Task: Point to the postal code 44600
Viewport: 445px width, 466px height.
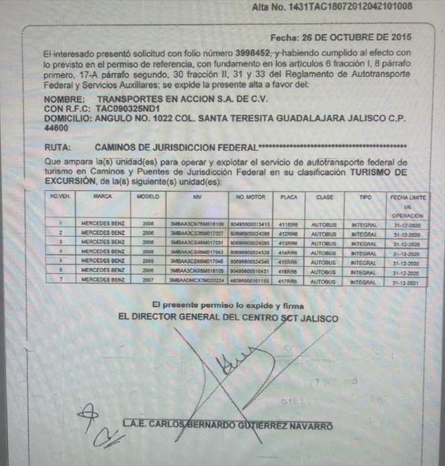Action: tap(57, 127)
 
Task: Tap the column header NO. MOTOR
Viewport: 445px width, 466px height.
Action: tap(251, 197)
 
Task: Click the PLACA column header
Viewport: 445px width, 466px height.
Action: tap(289, 197)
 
